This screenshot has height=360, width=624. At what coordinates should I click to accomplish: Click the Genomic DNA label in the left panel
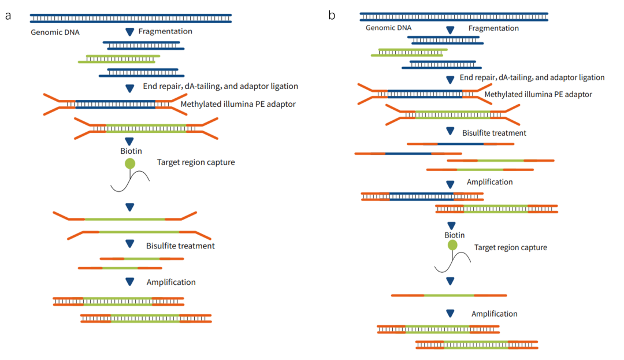(x=55, y=32)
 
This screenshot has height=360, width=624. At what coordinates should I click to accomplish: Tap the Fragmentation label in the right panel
(x=493, y=28)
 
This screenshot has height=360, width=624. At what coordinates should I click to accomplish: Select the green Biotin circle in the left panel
(x=130, y=164)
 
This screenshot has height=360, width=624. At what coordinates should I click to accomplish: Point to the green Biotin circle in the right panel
(x=452, y=245)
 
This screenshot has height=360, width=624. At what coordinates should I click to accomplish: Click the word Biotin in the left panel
(x=131, y=151)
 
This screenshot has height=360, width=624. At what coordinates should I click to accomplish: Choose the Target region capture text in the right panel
(x=510, y=247)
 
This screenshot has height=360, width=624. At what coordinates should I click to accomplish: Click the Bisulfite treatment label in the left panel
(x=180, y=246)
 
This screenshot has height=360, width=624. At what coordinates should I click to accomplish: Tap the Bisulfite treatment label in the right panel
(x=494, y=133)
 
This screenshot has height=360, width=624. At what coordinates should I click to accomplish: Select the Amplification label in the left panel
(x=171, y=282)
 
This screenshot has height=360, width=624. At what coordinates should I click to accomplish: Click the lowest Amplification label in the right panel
(x=494, y=314)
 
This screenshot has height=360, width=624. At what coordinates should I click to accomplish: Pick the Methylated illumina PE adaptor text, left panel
(x=238, y=105)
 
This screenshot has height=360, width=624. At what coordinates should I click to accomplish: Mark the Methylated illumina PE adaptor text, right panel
(x=538, y=94)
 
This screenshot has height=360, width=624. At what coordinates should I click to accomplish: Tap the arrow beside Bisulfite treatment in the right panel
(x=450, y=132)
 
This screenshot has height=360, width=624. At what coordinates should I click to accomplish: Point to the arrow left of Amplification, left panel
(x=130, y=282)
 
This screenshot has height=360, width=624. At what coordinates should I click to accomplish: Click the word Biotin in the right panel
(x=454, y=235)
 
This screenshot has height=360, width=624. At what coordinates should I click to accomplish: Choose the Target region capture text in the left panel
(x=196, y=162)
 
